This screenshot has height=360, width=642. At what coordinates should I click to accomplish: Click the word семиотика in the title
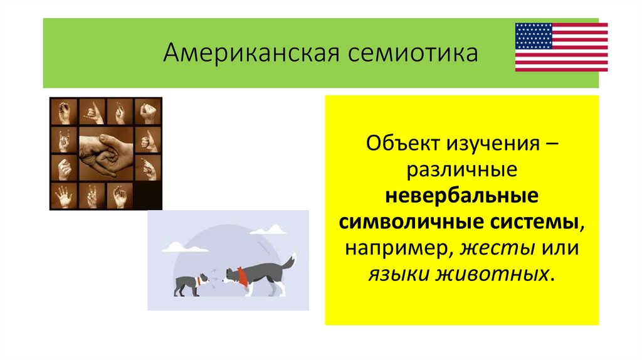pyautogui.click(x=408, y=53)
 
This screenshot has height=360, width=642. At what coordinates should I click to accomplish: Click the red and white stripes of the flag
pyautogui.click(x=580, y=56)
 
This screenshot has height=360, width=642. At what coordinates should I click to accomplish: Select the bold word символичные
pyautogui.click(x=409, y=222)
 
